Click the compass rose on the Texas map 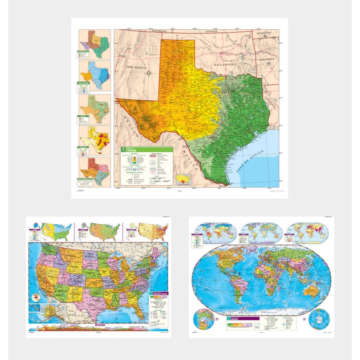click(x=149, y=73)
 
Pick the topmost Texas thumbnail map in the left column click(x=95, y=43)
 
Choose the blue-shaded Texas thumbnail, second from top click(x=95, y=75)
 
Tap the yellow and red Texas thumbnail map click(x=95, y=139)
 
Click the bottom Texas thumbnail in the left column click(x=95, y=172)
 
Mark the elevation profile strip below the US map click(x=98, y=328)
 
